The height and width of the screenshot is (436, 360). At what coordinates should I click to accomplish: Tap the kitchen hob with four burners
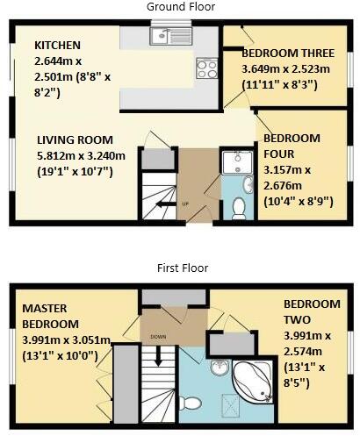point(207,67)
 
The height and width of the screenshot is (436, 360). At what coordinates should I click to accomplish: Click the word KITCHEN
point(58,45)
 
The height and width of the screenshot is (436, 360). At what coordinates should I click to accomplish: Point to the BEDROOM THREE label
point(285,54)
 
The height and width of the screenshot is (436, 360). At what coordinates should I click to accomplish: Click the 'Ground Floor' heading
point(180,7)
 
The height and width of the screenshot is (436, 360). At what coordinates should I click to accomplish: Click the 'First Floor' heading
point(180,268)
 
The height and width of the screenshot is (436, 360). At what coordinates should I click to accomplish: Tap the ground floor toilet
point(239,207)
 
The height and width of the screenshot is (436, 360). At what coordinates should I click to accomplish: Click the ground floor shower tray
point(235,161)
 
